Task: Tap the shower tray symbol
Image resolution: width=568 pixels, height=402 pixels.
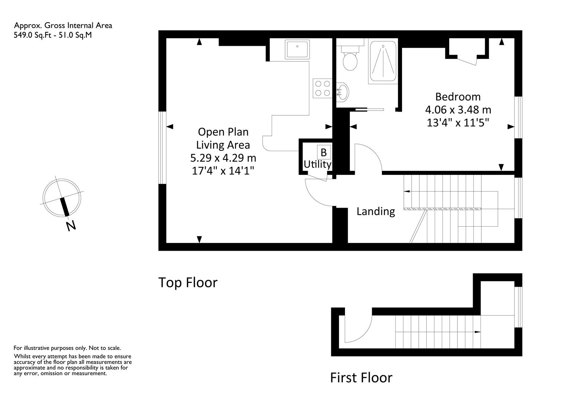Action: pos(383,61)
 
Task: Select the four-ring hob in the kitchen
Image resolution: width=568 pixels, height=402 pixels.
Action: pos(322,88)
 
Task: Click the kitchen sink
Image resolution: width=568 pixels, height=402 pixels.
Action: pos(297,49)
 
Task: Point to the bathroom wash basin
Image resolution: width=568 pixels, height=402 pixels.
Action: pos(342,92)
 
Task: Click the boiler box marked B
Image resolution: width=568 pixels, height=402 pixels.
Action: pos(324,152)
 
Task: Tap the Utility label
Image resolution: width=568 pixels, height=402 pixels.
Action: pos(317,165)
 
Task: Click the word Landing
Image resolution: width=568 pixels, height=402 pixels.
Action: pos(376,211)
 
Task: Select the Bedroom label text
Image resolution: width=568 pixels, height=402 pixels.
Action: pos(458,97)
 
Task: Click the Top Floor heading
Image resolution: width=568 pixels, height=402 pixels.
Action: pos(188,283)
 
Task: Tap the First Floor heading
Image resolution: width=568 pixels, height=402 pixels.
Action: pos(361,378)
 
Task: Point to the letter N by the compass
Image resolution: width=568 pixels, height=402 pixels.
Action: pos(71,226)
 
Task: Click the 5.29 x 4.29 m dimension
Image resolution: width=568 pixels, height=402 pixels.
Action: pos(223,158)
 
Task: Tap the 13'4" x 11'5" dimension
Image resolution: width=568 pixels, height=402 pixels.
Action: pos(458,123)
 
